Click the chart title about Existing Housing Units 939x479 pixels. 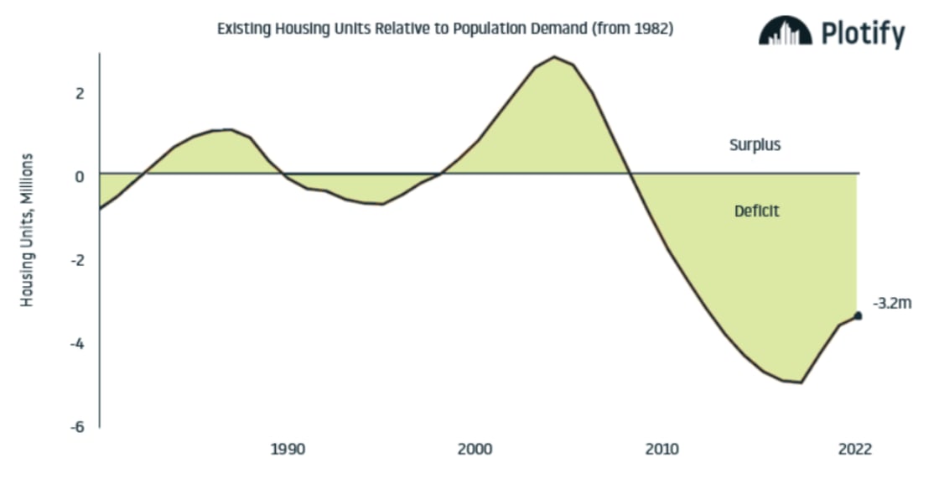tap(445, 29)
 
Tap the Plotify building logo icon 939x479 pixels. tap(786, 32)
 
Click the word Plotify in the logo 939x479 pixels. tap(863, 34)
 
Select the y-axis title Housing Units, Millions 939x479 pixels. tap(27, 229)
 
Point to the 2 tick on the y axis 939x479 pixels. tap(80, 93)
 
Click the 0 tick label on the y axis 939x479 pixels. tap(80, 176)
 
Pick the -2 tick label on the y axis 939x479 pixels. tap(77, 260)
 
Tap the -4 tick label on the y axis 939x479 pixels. tap(77, 343)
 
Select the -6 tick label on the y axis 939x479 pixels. tap(77, 426)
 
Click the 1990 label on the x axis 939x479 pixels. tap(288, 449)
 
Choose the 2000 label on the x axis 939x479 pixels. tap(475, 449)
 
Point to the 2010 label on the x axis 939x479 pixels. tap(663, 449)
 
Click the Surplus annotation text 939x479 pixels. tap(755, 145)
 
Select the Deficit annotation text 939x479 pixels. tap(756, 211)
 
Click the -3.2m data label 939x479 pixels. tap(891, 303)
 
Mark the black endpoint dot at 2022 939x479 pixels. tap(858, 315)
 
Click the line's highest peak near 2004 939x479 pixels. tap(553, 57)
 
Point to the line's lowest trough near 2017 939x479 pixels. tap(801, 383)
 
